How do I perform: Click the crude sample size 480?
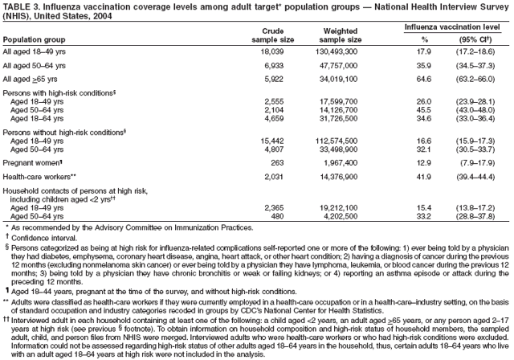[x=278, y=215]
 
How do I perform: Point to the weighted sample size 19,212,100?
[x=343, y=207]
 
